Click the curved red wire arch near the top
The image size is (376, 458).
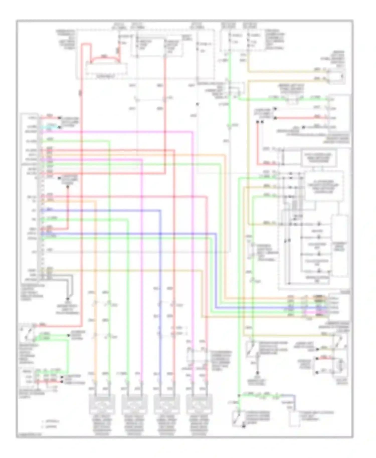coord(105,58)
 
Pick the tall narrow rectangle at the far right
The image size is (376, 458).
coord(340,246)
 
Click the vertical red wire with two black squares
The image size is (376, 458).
coord(258,143)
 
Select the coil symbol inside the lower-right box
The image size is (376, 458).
coord(340,366)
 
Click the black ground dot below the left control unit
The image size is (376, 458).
coord(67,299)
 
